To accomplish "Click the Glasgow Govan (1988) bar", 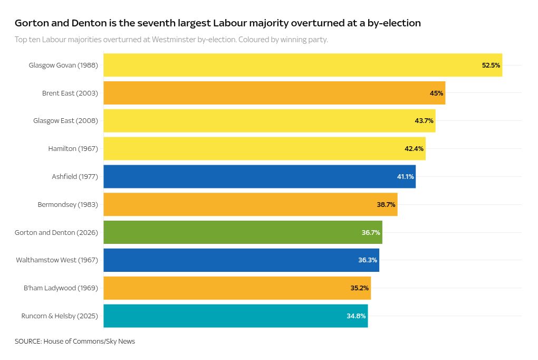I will [302, 65].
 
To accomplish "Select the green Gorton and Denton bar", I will [243, 232].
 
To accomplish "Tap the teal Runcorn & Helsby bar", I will [235, 316].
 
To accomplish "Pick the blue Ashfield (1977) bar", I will [259, 176].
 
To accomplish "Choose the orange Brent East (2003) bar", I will [274, 93].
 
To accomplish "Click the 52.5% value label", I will [491, 65].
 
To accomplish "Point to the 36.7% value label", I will [371, 232].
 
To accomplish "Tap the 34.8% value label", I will [356, 316].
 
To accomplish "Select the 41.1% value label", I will [405, 176].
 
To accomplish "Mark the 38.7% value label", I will [386, 204].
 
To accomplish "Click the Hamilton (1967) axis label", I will [73, 149].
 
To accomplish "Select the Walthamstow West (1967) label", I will [57, 260].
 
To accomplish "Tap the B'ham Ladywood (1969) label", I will [61, 288].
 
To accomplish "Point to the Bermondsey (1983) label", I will [68, 204].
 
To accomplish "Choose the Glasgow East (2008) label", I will [65, 121].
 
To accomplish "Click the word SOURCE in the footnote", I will [27, 342].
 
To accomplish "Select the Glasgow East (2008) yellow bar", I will [269, 121].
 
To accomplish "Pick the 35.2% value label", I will [360, 288].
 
